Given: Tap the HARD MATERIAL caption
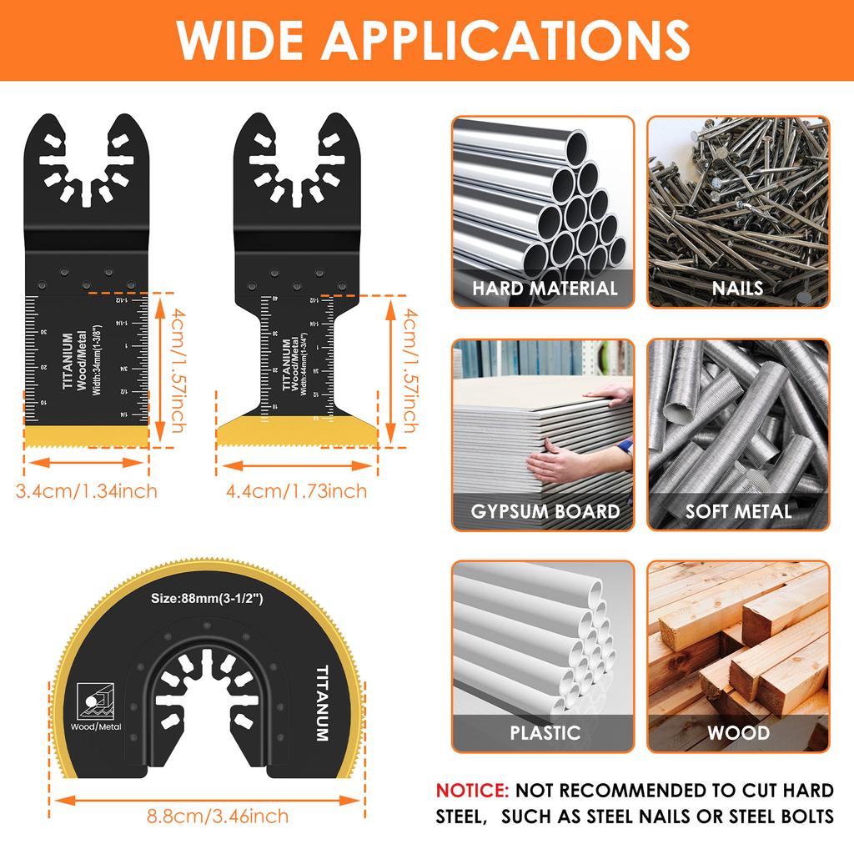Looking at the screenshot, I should coord(545,289).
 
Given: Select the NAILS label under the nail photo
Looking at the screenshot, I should coord(738,289).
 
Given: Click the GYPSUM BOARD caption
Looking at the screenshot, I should coord(545,511).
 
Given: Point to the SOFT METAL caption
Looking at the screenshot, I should coord(738,511).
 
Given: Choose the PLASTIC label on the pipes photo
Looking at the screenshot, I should coord(545,734).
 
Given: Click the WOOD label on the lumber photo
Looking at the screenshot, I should coord(738,734).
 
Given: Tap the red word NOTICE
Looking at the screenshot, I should coord(472,791).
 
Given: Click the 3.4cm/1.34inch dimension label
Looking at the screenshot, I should coord(87,490).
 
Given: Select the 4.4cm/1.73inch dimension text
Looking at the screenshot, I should coord(297,490).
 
